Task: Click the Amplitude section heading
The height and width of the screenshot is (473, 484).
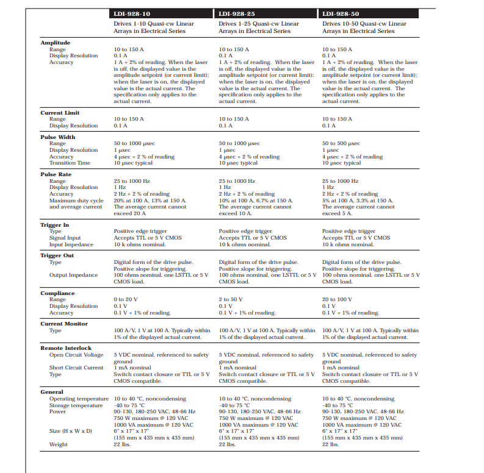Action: tap(55, 43)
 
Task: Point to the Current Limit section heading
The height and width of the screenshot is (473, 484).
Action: tap(60, 113)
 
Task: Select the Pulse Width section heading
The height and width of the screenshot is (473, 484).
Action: tap(57, 137)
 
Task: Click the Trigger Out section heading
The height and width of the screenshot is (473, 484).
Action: tap(57, 255)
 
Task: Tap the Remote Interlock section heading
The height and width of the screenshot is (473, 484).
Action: tap(65, 348)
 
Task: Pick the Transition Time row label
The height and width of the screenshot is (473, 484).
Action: tap(70, 163)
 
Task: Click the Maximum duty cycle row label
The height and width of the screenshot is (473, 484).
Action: tap(76, 201)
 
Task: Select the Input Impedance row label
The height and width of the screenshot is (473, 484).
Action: tap(71, 244)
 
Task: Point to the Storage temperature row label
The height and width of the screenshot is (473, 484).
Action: tap(76, 405)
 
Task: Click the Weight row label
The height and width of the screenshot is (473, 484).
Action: tap(59, 444)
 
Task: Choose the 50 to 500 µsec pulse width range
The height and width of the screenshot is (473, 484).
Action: tap(344, 143)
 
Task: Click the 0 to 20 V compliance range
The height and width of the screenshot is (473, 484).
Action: tap(127, 299)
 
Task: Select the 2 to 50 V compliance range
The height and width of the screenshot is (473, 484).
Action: tap(231, 299)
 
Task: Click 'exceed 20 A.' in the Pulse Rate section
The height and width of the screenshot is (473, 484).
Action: tap(131, 213)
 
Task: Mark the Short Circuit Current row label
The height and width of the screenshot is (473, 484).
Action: tap(76, 368)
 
